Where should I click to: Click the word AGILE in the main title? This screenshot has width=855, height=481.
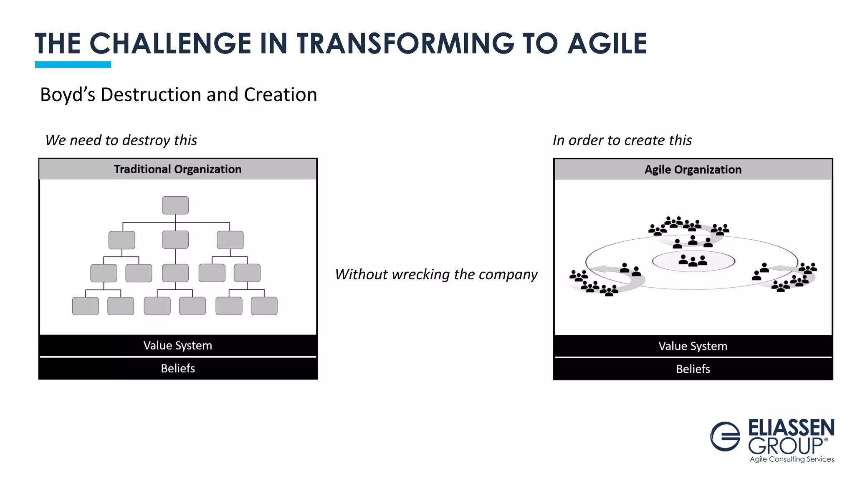point(607,44)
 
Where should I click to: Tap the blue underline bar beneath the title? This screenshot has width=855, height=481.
point(73,64)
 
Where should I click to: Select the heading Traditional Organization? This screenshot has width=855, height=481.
point(178,169)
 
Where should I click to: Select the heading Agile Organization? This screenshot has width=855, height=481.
point(693,170)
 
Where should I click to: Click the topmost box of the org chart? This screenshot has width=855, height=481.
point(175,205)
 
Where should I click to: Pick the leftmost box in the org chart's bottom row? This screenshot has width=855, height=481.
point(86,306)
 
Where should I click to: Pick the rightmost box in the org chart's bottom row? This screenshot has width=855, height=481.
point(264,306)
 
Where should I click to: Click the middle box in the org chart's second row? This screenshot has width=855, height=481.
point(175,240)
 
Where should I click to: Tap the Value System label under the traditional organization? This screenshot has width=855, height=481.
point(178,346)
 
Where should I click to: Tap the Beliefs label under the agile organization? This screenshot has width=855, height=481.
point(693,369)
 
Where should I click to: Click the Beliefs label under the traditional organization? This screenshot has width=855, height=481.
point(178,368)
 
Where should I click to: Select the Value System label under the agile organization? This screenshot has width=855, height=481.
point(693,346)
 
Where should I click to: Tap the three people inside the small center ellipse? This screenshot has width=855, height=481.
point(693,261)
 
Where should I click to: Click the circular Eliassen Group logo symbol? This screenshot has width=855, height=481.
point(726,436)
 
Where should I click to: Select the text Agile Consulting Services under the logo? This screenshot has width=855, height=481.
point(792,459)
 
